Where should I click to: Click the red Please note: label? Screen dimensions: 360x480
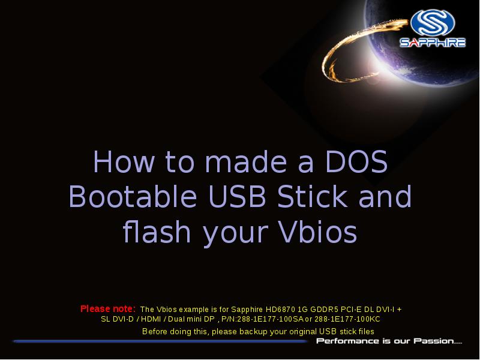[x=108, y=309]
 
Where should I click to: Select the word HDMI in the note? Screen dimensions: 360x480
[x=160, y=320]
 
